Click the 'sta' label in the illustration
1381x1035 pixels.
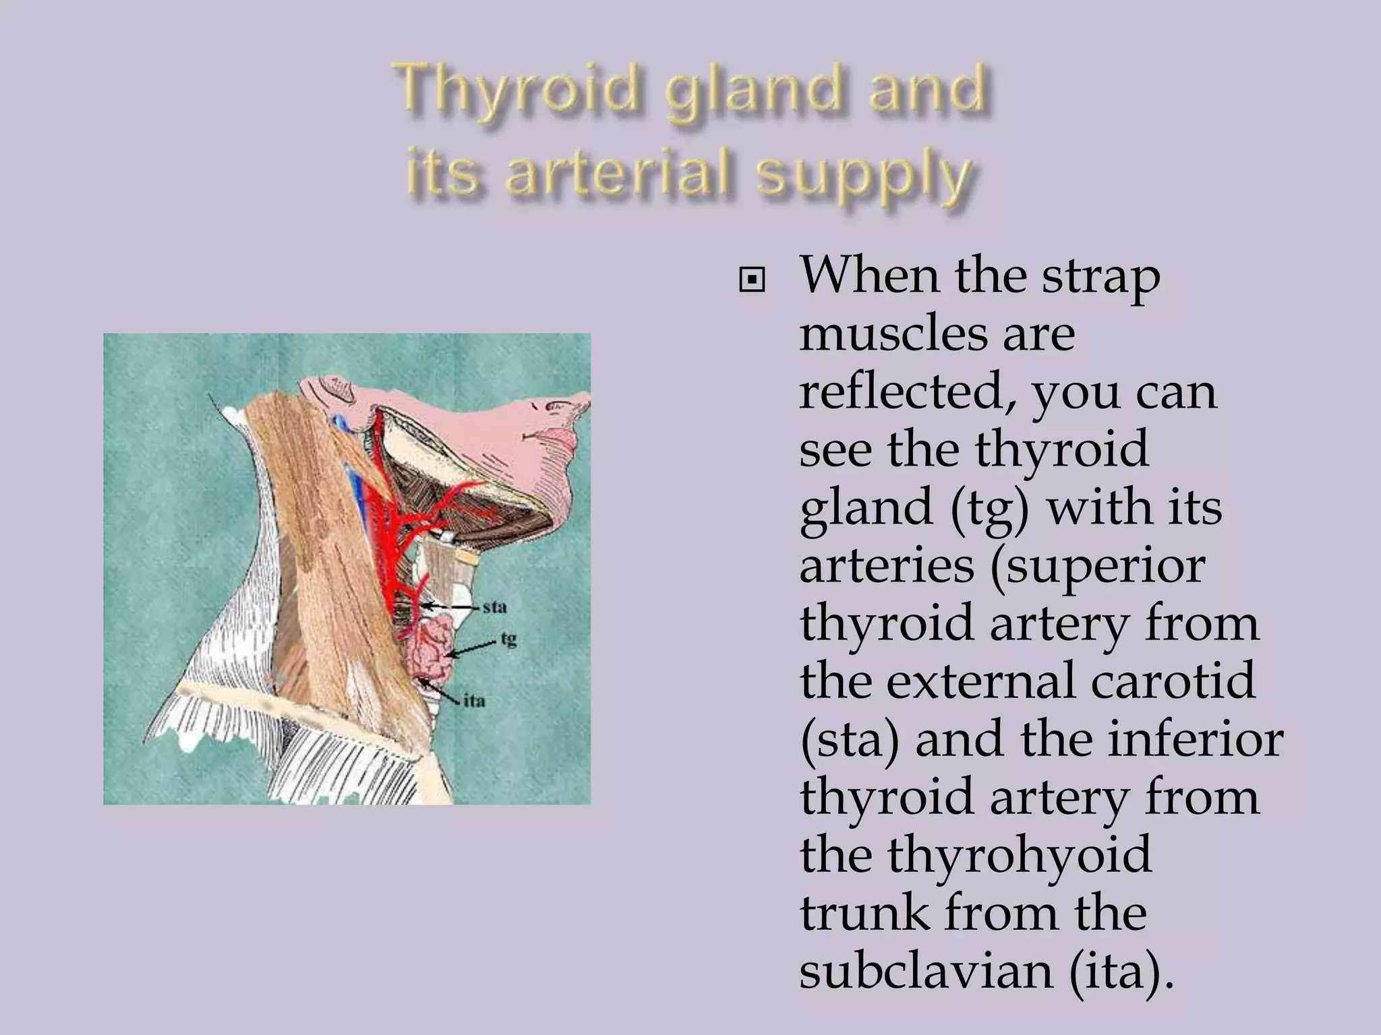[494, 607]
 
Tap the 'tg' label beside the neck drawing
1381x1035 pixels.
[508, 638]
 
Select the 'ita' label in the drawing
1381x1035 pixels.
[474, 701]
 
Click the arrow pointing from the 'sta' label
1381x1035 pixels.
[451, 608]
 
